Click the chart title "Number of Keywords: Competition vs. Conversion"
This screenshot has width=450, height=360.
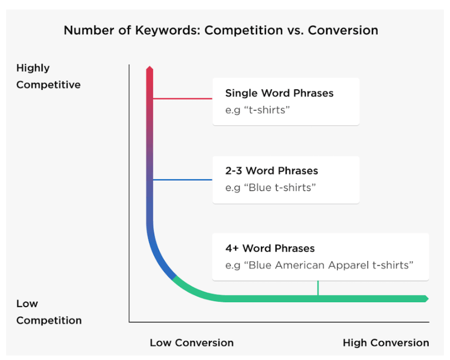pos(221,30)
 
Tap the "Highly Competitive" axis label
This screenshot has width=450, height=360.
pos(48,76)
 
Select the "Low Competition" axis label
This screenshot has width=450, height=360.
pos(49,312)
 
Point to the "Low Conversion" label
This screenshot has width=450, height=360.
pos(192,343)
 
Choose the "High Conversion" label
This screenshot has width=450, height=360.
pos(385,343)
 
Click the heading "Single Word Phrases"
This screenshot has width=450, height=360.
pos(279,93)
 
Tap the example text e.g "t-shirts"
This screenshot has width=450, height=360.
pos(258,110)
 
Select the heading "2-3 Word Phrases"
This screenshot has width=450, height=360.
pos(272,171)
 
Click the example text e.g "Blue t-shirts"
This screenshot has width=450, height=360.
pos(270,188)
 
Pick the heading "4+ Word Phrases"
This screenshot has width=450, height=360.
pos(270,248)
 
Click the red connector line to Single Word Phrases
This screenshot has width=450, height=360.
pos(182,98)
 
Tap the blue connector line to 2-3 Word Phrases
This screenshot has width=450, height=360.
pos(182,180)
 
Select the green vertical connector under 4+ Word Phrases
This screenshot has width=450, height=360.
pos(318,288)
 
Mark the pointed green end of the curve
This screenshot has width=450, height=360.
pos(428,299)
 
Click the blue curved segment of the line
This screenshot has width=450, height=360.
pos(156,253)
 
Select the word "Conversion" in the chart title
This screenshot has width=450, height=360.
pos(343,30)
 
